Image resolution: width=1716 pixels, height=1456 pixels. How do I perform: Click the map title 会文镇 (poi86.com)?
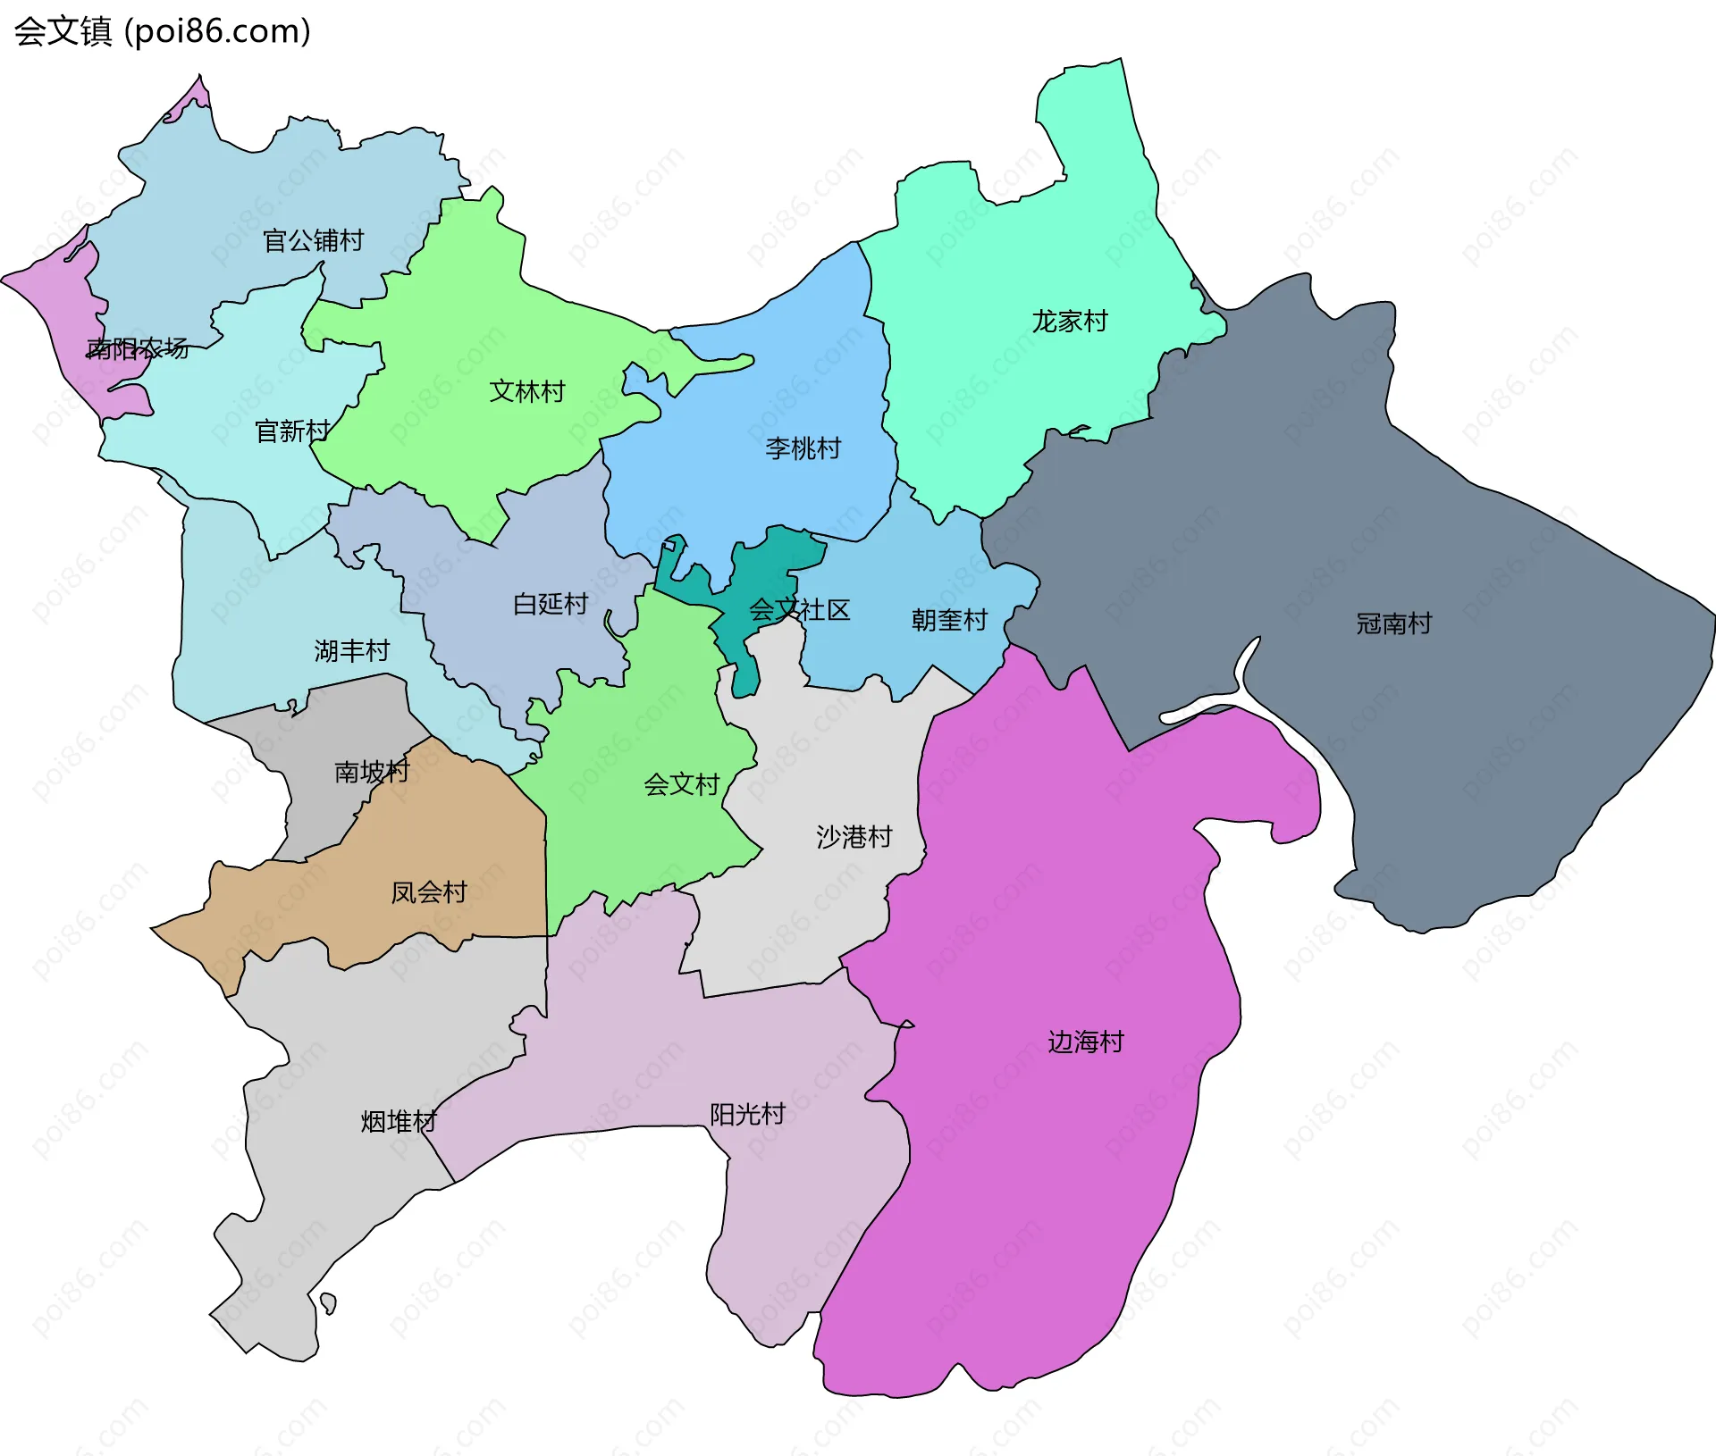tap(163, 31)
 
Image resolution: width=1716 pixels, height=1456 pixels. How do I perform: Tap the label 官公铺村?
tap(313, 240)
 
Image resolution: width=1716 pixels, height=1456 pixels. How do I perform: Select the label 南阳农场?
tap(138, 348)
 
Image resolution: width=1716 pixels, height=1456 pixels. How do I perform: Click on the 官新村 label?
tap(292, 431)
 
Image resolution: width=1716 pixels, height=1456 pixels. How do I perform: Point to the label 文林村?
tap(527, 391)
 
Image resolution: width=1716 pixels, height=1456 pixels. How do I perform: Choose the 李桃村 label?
tap(803, 448)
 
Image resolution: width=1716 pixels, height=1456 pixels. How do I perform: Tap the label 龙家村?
tap(1070, 321)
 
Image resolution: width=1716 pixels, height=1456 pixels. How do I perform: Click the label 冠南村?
tap(1394, 623)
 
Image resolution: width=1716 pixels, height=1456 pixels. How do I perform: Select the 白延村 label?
tap(551, 604)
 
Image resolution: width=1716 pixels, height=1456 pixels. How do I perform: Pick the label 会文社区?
tap(799, 610)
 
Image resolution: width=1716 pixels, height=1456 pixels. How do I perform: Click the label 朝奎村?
tap(949, 620)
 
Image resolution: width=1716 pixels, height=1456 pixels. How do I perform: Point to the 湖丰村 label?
tap(352, 650)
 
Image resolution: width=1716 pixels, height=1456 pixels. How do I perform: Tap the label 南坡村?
tap(372, 771)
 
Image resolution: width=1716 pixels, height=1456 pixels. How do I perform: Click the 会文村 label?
tap(682, 784)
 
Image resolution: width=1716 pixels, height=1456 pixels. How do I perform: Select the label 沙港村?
tap(854, 837)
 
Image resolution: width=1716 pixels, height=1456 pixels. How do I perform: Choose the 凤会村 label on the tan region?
tap(429, 891)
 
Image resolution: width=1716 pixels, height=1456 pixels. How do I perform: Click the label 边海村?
tap(1086, 1042)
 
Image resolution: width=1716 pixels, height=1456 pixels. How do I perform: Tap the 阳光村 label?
tap(747, 1114)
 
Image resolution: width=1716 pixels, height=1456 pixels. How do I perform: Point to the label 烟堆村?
tap(399, 1121)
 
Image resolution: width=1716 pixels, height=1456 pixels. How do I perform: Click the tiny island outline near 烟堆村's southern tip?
tap(328, 1303)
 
